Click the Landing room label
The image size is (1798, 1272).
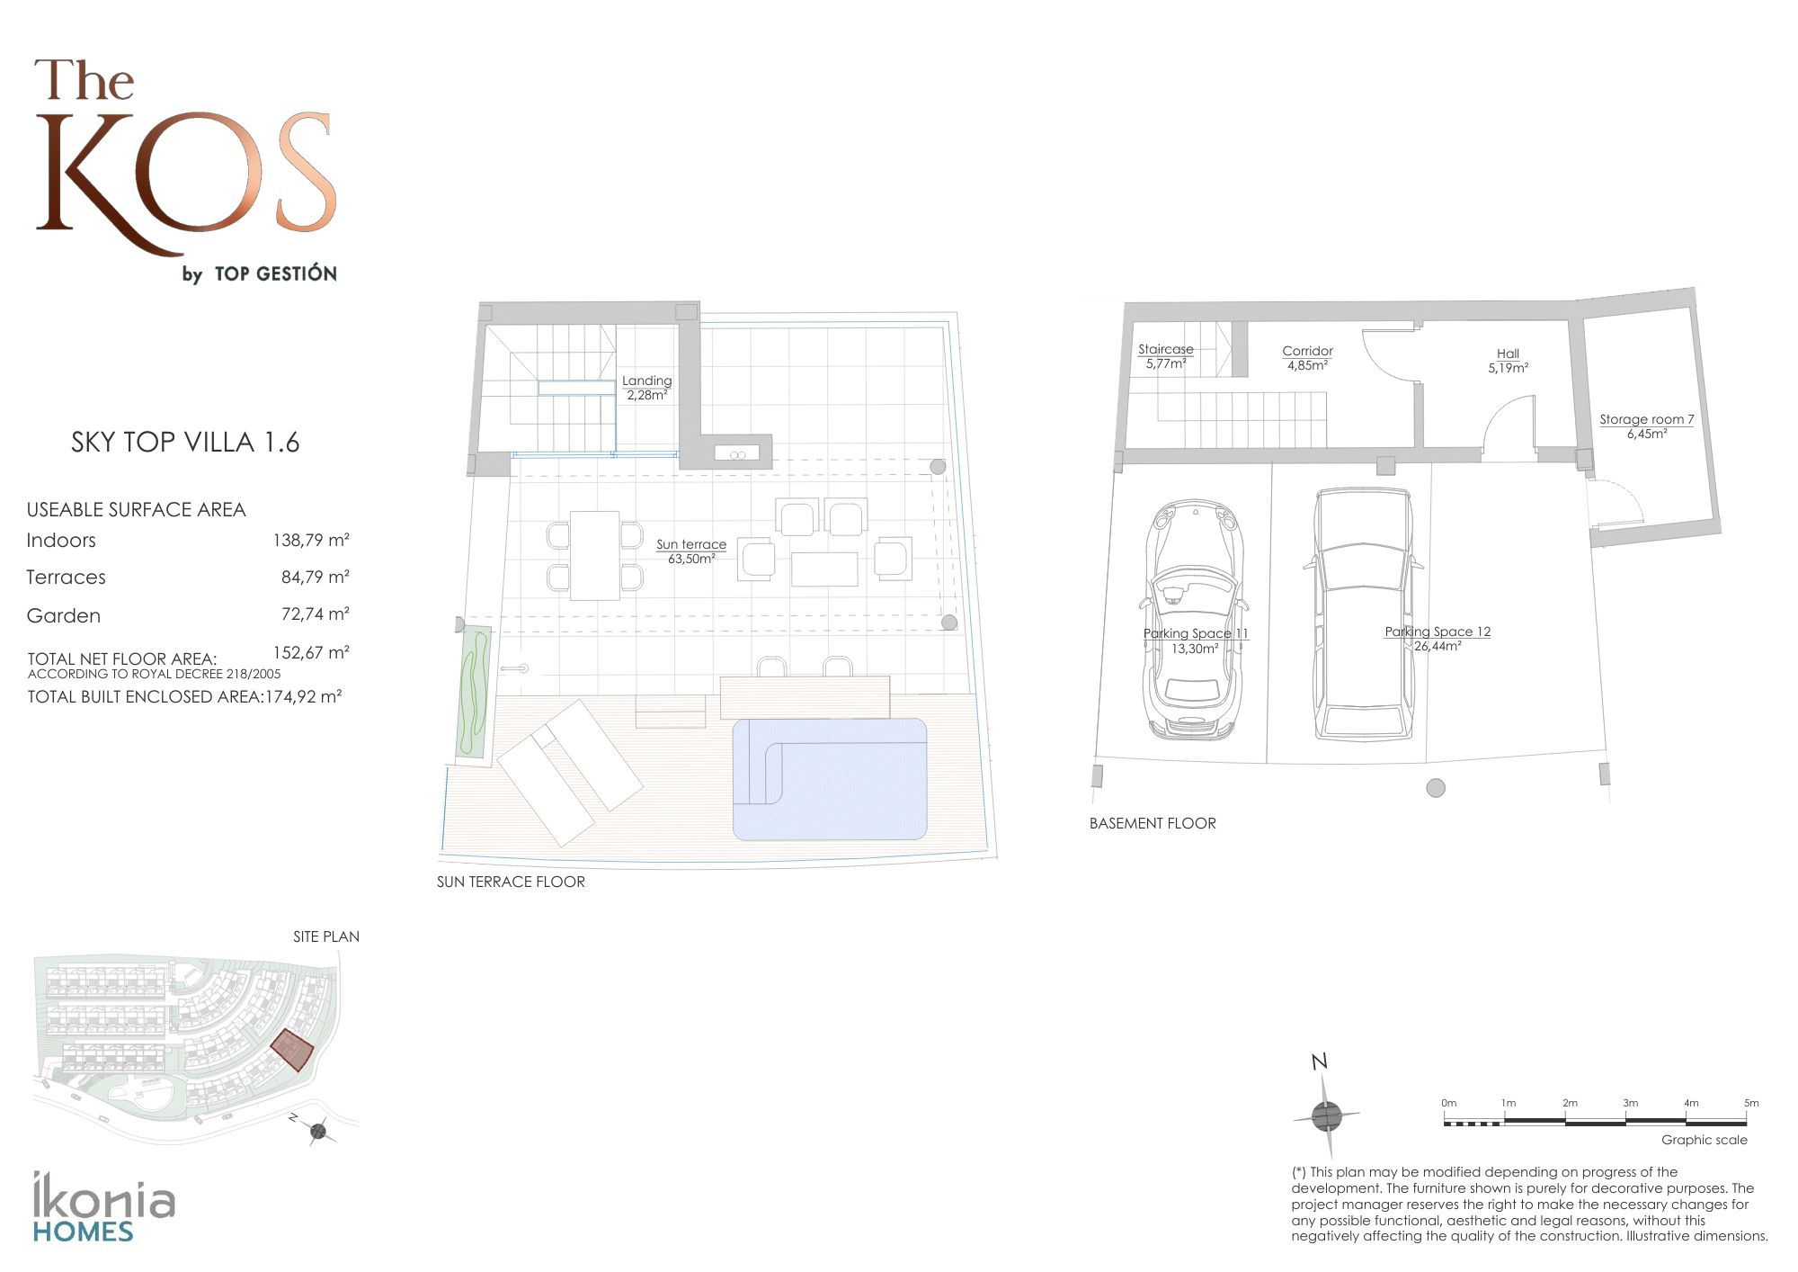646,388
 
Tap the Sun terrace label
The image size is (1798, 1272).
690,551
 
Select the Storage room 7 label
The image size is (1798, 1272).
1646,426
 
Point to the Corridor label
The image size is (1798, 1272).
1307,358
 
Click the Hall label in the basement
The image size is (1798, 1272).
1508,361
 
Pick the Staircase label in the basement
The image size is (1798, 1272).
1165,356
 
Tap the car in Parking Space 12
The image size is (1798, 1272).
1363,614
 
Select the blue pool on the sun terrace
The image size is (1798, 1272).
829,779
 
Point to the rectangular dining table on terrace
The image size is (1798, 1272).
594,555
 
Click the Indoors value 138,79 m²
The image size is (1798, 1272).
311,541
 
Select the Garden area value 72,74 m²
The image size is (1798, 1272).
315,614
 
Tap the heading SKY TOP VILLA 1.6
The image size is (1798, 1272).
185,443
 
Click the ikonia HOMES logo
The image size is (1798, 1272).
103,1207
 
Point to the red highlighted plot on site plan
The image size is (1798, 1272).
292,1050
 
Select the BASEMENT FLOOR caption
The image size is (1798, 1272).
1153,823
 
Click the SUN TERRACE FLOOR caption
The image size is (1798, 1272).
511,882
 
